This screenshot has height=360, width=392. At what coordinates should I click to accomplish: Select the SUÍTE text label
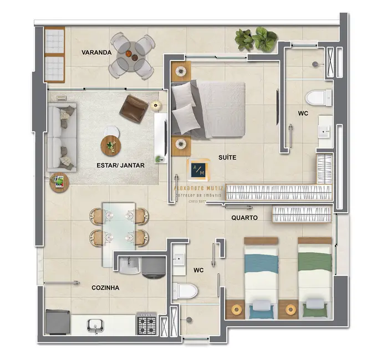(227, 157)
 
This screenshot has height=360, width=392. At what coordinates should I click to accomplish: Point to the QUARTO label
(245, 218)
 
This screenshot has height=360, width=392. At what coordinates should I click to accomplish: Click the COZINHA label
(105, 287)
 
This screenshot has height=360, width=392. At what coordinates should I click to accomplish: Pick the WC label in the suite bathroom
(303, 113)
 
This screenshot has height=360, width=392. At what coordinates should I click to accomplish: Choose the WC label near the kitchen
(199, 270)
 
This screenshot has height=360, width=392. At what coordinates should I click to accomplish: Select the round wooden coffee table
(111, 146)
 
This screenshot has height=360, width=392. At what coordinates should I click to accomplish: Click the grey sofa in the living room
(61, 138)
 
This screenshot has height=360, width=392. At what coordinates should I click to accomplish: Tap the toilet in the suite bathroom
(315, 97)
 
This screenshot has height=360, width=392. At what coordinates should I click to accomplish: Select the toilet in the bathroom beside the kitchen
(184, 290)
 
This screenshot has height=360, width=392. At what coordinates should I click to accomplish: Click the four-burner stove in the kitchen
(147, 322)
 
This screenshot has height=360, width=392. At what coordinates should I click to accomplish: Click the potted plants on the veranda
(256, 39)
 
